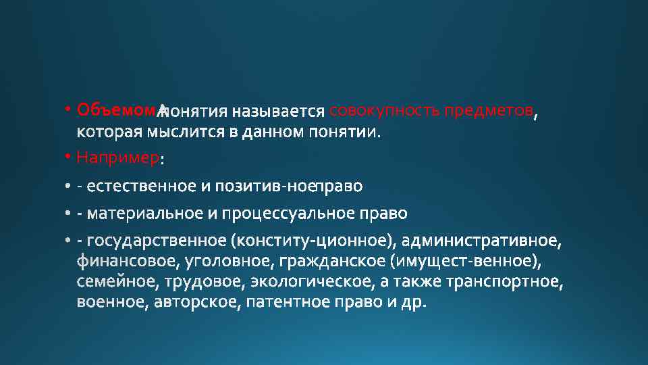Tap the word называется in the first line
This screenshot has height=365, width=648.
point(279,110)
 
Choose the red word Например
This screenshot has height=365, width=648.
point(118,158)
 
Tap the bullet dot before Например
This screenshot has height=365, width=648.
point(69,157)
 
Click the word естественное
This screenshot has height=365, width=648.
point(143,185)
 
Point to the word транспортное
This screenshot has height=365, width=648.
point(512,281)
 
